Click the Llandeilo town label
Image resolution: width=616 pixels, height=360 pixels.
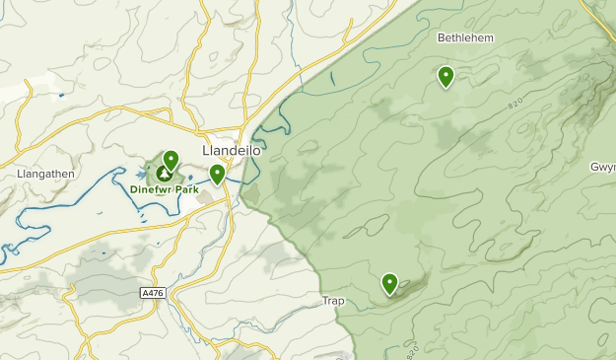(x=231, y=151)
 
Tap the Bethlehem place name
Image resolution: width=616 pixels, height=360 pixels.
(x=464, y=37)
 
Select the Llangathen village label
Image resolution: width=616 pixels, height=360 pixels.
(x=45, y=174)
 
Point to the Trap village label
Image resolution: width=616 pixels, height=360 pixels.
(x=334, y=300)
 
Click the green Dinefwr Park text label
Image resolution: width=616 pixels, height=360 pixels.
(x=164, y=188)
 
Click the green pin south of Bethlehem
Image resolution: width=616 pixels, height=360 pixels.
(x=445, y=76)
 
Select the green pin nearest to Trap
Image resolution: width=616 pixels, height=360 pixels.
(x=389, y=284)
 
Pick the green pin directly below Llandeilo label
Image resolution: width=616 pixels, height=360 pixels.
(x=217, y=175)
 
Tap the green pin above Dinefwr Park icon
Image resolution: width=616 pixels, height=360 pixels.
(x=171, y=159)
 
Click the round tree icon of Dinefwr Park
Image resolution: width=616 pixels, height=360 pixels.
(x=163, y=173)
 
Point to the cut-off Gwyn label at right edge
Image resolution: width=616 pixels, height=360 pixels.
(x=602, y=167)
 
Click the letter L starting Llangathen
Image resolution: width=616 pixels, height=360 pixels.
(x=20, y=174)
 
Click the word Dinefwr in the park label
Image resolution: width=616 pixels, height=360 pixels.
(x=150, y=188)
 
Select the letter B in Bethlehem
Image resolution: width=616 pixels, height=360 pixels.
(x=442, y=37)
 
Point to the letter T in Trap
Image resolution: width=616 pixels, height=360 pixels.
(x=324, y=300)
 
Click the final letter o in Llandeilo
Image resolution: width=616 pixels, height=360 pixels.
(x=257, y=151)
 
